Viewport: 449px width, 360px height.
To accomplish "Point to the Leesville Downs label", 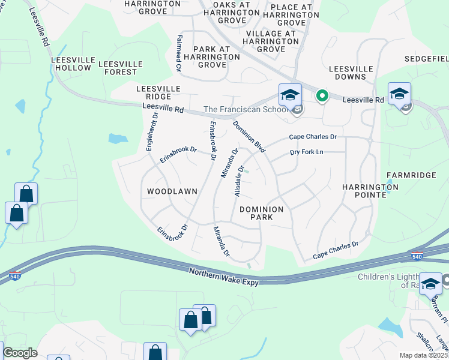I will (x=347, y=73).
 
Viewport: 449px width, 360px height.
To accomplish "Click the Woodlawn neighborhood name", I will (x=172, y=191).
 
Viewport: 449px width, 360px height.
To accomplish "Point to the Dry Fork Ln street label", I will (x=306, y=152).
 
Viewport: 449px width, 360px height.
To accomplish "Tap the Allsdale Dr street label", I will (x=238, y=180).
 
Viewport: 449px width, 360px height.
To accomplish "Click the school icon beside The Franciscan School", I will (x=289, y=95).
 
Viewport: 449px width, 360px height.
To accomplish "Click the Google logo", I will (x=20, y=353).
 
